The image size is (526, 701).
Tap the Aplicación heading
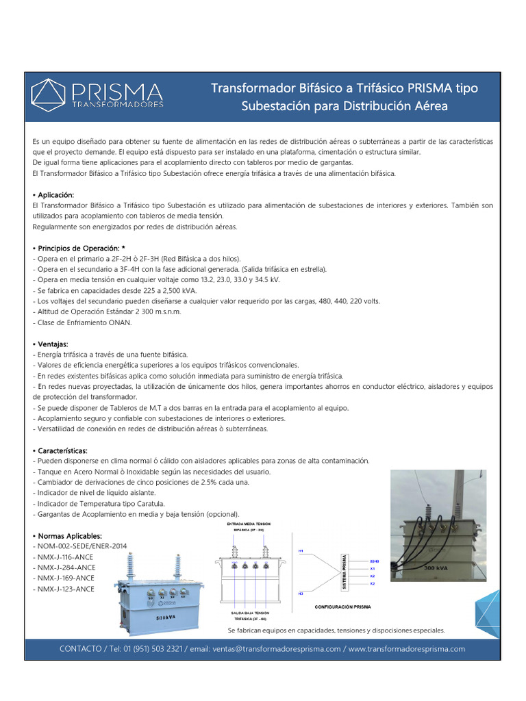(x=55, y=195)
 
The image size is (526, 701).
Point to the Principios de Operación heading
(x=81, y=248)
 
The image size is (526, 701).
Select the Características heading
(x=62, y=450)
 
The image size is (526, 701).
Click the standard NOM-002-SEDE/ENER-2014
(x=79, y=546)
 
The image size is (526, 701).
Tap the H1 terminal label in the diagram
(x=301, y=550)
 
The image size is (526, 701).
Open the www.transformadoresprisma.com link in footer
(x=407, y=649)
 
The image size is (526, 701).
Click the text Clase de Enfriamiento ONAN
(x=82, y=322)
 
